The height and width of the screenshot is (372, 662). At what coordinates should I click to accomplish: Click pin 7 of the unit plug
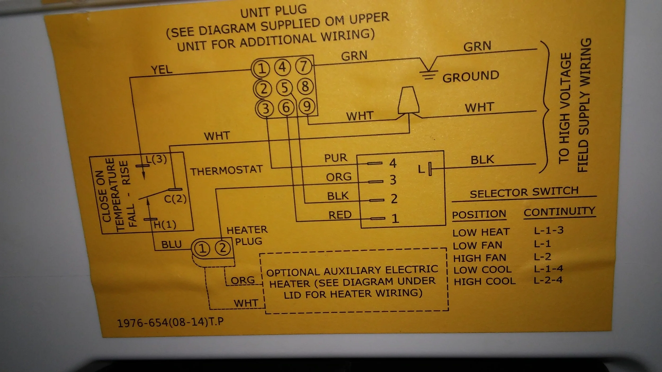[303, 66]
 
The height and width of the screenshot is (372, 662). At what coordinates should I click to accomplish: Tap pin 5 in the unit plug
[284, 88]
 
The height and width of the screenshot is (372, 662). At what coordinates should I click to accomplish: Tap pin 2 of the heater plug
[222, 248]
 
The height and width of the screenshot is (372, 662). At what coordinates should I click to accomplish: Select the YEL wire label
[162, 70]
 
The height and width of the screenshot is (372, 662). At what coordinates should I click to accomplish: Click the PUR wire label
[336, 158]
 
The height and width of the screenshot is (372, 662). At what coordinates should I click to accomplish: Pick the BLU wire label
[171, 244]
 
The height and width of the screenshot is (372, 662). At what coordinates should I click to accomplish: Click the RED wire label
[340, 215]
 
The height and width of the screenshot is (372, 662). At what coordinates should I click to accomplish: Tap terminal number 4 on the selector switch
[393, 163]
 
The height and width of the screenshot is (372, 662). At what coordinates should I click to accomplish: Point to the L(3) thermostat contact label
[156, 159]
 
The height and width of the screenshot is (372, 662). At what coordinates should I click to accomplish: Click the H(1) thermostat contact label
[165, 225]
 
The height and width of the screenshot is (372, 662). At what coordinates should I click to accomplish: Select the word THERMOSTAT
[226, 170]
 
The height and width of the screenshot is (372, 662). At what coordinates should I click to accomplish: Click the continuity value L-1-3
[549, 230]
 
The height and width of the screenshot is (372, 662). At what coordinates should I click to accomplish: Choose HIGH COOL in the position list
[485, 282]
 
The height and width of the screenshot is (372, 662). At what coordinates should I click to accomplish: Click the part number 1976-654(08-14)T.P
[170, 323]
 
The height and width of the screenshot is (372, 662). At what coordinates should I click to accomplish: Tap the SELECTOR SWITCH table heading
[524, 192]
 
